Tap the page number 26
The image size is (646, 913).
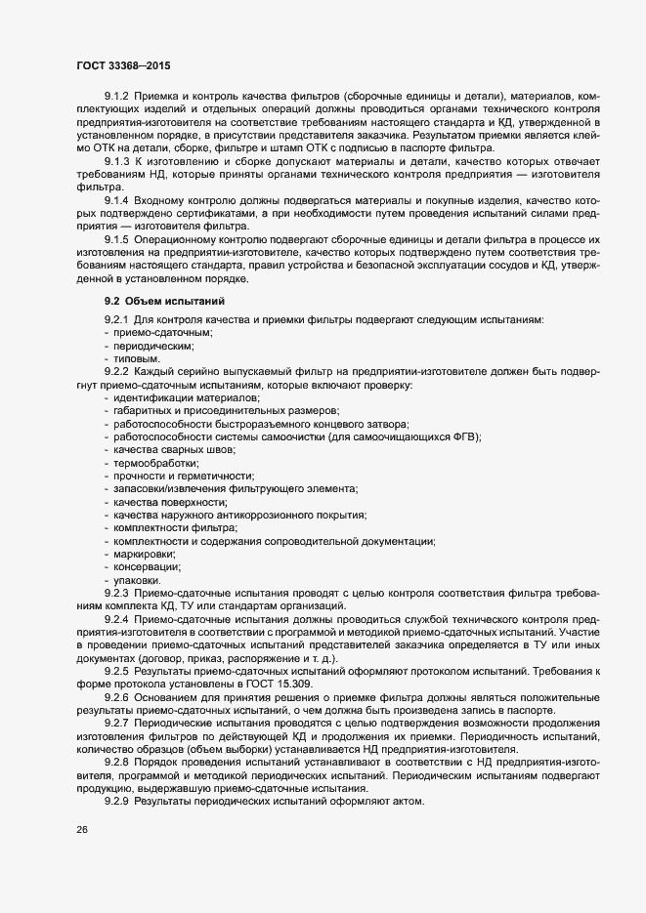tap(80, 830)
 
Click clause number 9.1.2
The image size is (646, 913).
tap(116, 97)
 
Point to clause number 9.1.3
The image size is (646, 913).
tap(116, 160)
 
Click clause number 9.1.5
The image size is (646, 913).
tap(116, 240)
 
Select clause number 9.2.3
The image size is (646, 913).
tap(116, 593)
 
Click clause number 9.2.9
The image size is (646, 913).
tap(116, 802)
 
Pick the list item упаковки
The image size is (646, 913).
tap(137, 581)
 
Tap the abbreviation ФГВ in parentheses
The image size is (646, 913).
tap(462, 436)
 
